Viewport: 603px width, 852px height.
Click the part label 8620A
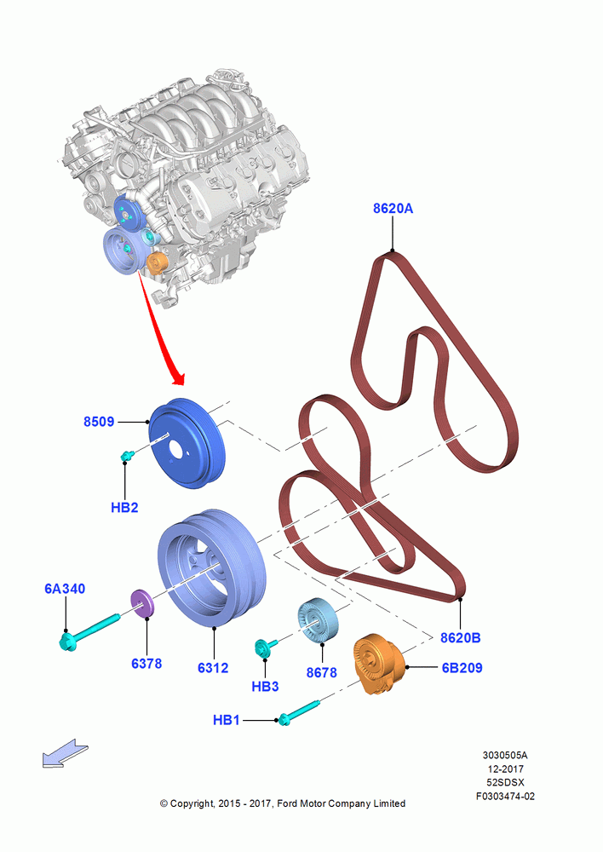393,208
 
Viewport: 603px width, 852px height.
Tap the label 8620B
460,637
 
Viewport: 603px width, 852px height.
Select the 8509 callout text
98,422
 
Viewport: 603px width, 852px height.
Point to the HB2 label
124,508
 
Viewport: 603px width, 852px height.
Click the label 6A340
65,589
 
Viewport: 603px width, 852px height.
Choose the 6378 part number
146,664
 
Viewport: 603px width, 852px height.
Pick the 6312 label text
213,668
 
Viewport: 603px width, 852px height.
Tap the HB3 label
265,687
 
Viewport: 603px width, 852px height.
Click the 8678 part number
322,673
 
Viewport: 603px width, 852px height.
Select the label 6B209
462,668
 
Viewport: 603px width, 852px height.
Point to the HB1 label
227,720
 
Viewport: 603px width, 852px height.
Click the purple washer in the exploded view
142,604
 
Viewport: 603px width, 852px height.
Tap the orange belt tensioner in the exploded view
380,664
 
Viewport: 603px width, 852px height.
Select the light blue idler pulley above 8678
318,621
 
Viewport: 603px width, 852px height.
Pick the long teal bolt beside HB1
299,712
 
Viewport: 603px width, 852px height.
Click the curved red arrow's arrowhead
178,377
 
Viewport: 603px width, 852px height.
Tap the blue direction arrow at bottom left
66,752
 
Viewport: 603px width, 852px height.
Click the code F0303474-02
505,796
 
